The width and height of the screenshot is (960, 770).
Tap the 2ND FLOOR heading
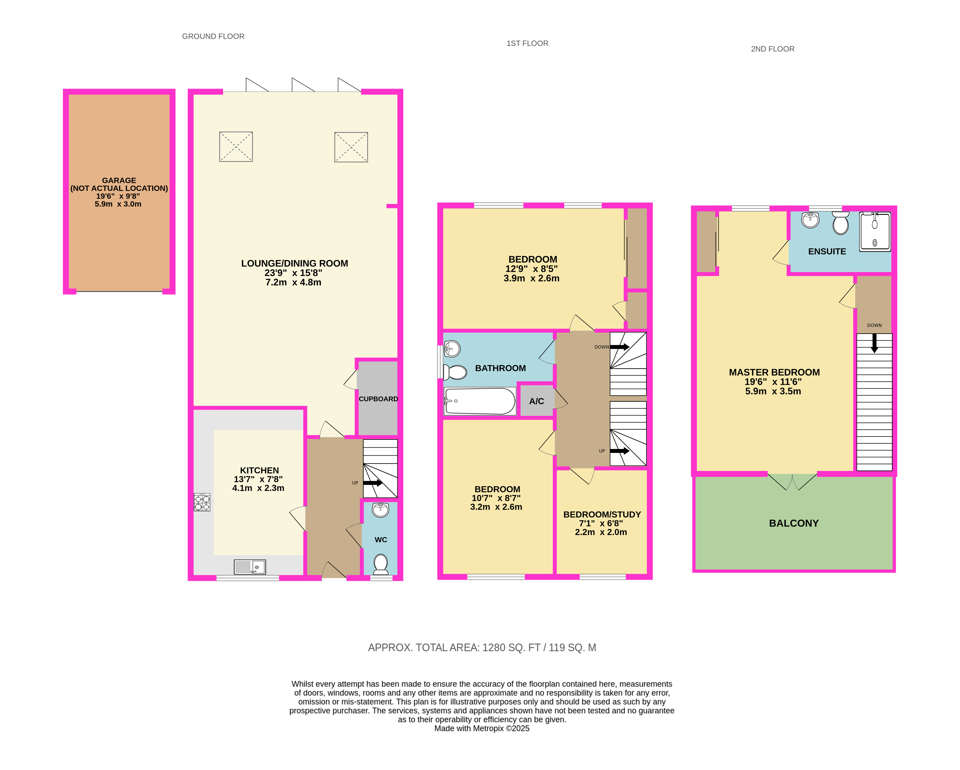tap(773, 49)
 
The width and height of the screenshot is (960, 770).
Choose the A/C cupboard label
tap(536, 401)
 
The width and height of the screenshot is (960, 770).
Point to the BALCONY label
tap(794, 523)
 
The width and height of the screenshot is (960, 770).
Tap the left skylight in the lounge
tap(236, 147)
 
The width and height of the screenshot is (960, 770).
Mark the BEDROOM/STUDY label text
tap(602, 514)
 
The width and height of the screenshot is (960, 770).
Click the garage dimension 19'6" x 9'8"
tap(118, 196)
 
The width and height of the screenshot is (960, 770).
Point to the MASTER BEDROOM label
tap(774, 372)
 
